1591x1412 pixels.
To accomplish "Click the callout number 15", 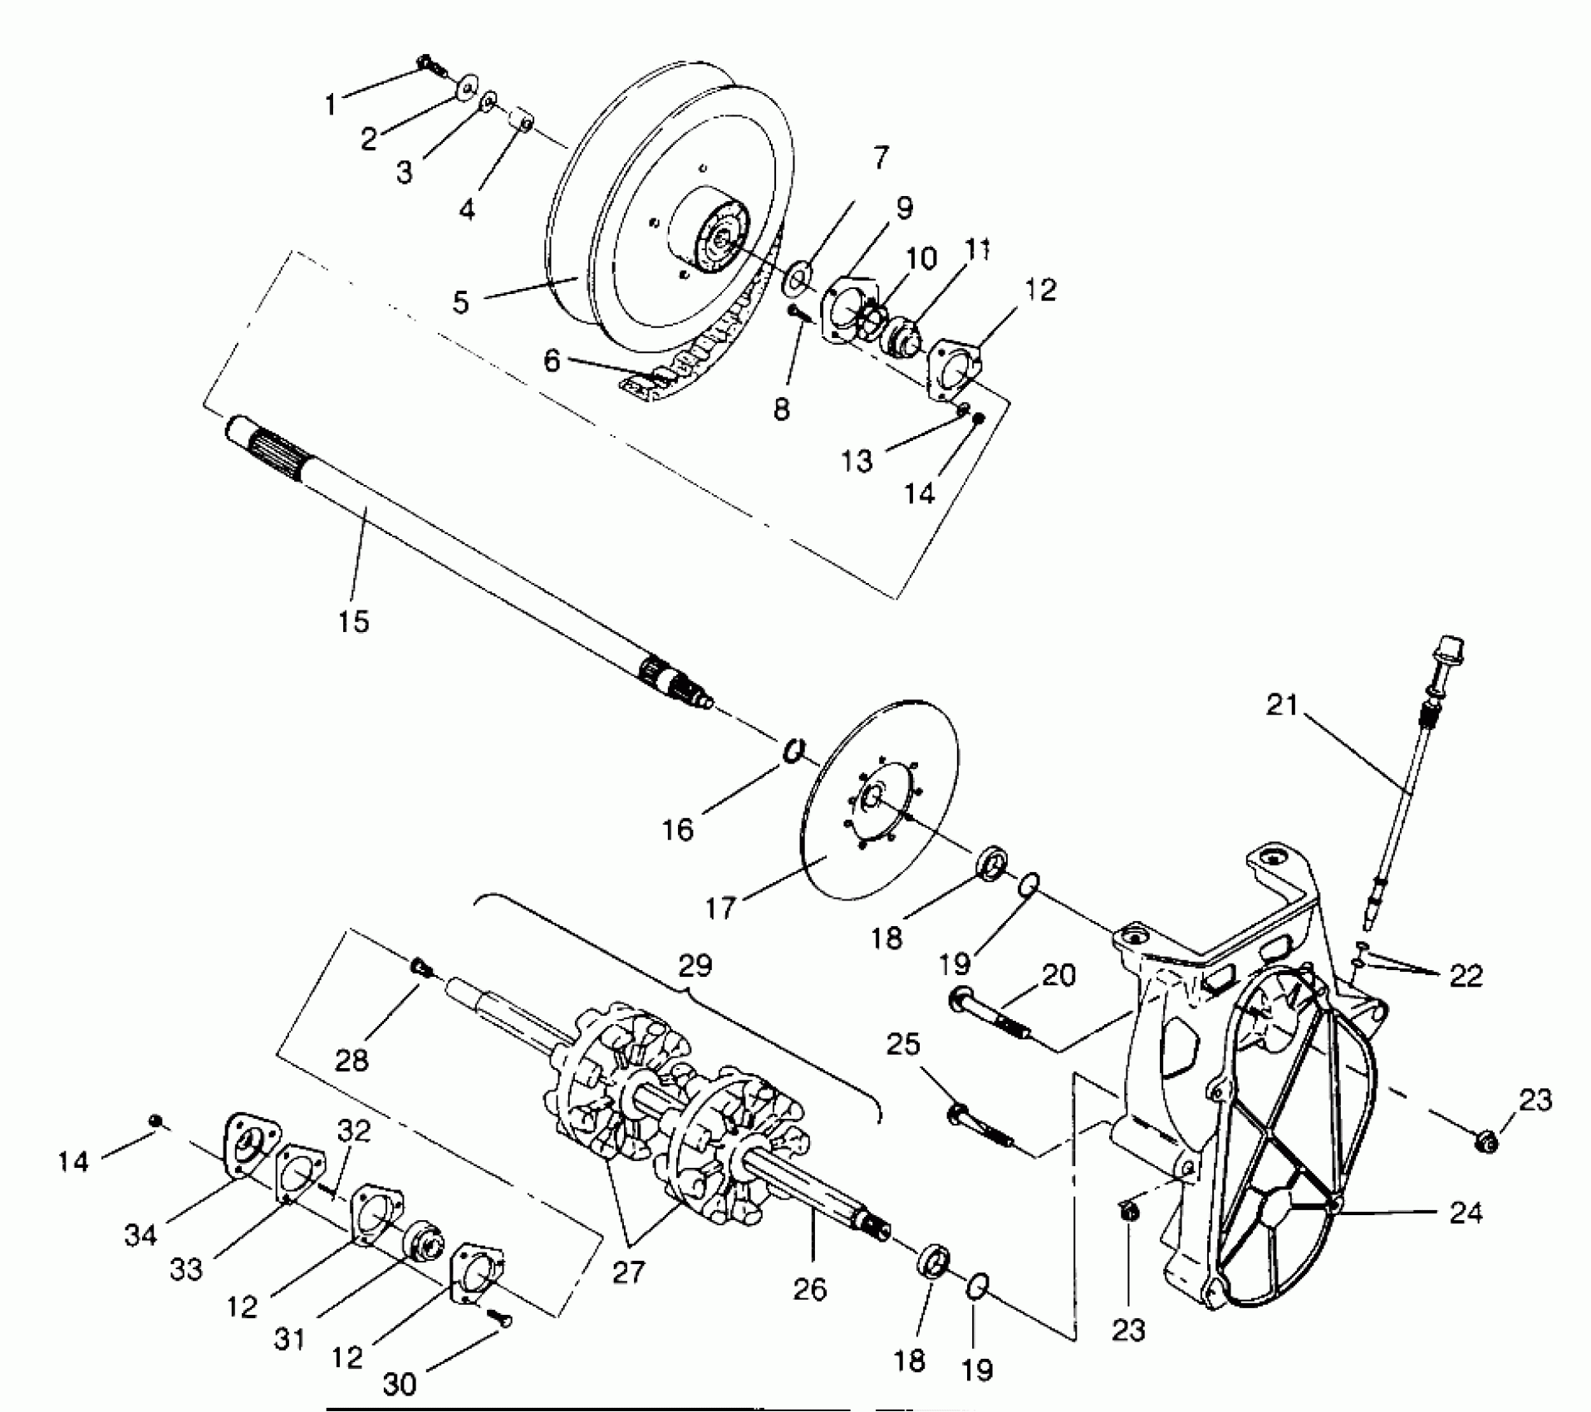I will (x=354, y=620).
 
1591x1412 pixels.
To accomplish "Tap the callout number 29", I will (x=695, y=965).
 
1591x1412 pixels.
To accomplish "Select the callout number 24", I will (x=1466, y=1213).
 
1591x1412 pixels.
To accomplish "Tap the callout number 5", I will (x=461, y=301).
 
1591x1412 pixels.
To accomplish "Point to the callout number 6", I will (x=552, y=361).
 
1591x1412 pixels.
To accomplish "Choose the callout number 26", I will (x=810, y=1288).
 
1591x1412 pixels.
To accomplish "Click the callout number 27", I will (x=628, y=1272).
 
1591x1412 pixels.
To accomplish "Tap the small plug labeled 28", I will (x=420, y=966).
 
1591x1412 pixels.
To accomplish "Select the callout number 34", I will (x=140, y=1235).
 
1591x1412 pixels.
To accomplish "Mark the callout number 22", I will (x=1466, y=977).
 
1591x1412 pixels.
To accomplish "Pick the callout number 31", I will (x=289, y=1340).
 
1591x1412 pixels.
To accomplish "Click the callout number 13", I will (x=857, y=460).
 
